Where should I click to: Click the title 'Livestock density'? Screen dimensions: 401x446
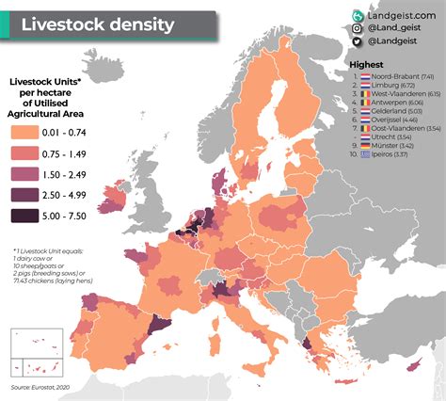coord(98,24)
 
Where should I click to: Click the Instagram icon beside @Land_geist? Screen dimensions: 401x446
coord(358,28)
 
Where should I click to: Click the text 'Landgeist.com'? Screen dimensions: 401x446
coord(400,15)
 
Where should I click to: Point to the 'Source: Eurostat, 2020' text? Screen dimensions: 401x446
coord(45,387)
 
